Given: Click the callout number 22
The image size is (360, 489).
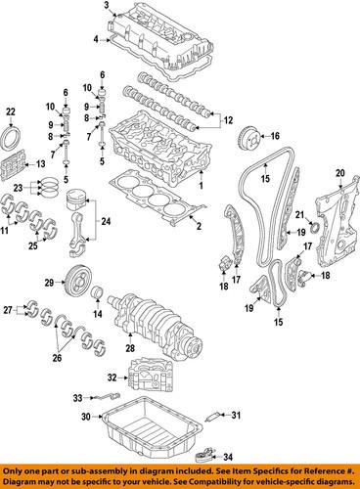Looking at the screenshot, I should [11, 110].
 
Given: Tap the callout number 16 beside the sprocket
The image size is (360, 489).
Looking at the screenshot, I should [275, 136].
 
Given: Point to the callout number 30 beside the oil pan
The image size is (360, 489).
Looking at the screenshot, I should [85, 417].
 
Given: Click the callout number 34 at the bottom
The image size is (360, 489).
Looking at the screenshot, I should [228, 457].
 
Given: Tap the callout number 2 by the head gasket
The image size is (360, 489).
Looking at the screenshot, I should [198, 226].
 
